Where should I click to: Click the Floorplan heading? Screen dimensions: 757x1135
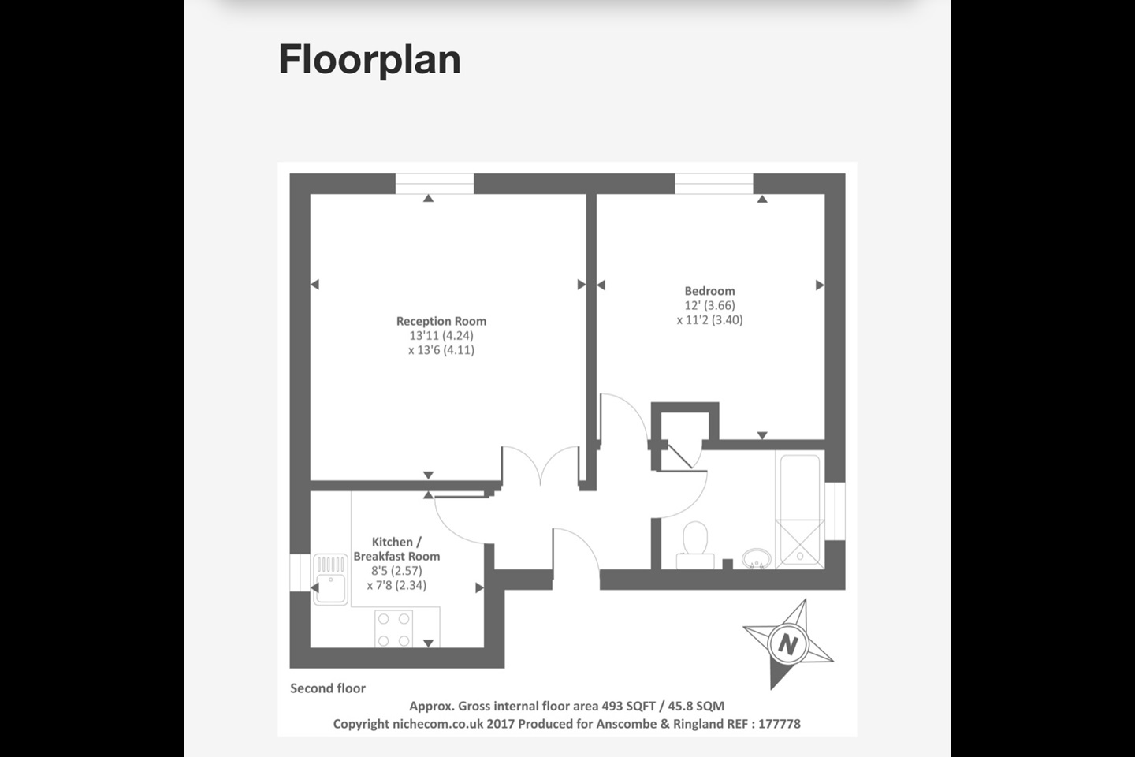point(369,60)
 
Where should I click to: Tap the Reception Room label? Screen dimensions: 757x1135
point(441,321)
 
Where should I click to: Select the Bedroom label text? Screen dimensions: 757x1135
point(709,291)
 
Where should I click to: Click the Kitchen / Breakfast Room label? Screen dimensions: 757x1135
point(396,549)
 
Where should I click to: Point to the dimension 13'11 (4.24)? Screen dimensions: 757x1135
point(441,335)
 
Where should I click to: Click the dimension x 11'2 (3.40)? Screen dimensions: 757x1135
point(709,319)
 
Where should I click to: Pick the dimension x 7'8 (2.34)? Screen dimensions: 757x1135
point(396,585)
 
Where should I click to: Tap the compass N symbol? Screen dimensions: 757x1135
point(787,643)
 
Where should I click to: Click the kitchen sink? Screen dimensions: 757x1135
point(330,580)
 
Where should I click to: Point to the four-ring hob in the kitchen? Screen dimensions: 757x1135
point(393,628)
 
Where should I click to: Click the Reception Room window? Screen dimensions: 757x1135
point(434,184)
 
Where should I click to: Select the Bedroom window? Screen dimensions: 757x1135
point(714,184)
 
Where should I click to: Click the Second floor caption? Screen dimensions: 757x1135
point(328,688)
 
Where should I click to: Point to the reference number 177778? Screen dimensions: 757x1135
point(779,724)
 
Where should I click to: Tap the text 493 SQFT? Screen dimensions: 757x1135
point(628,707)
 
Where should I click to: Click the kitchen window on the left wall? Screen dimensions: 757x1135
point(300,572)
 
